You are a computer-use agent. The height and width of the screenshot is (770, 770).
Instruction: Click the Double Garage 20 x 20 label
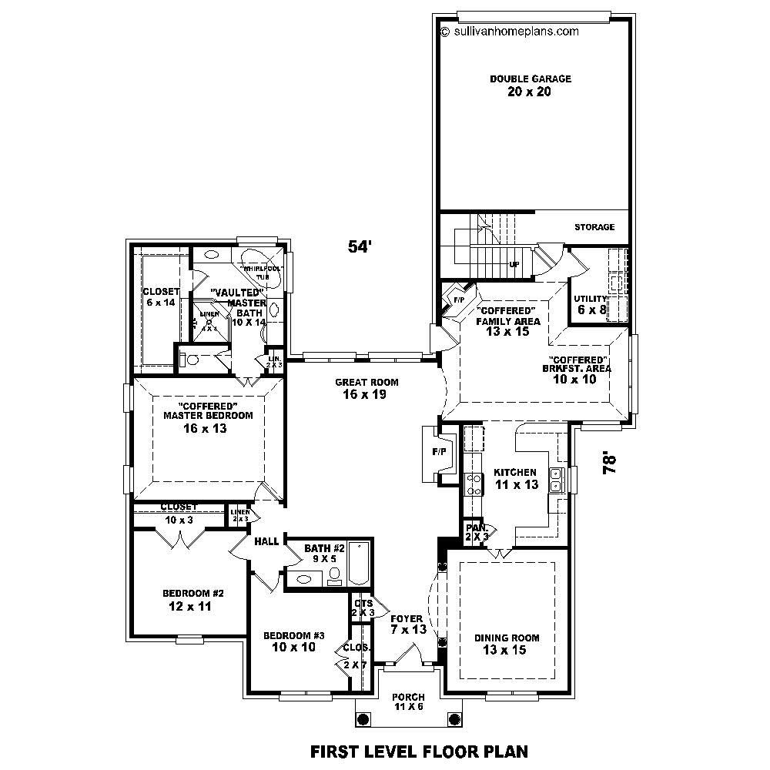pos(531,85)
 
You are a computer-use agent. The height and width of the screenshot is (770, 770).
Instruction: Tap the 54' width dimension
pos(360,246)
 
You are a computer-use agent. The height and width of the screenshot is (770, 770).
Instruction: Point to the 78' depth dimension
pos(611,464)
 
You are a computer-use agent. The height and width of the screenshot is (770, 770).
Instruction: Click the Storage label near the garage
pos(594,227)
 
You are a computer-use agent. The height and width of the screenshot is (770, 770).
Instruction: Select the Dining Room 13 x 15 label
pos(506,644)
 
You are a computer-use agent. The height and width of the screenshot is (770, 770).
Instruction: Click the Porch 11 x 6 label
pos(408,701)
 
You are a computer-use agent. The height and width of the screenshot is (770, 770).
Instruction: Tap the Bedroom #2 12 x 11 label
pos(192,600)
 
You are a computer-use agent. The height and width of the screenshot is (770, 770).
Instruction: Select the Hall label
pos(266,542)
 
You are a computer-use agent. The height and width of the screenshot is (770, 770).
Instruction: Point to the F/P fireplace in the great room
pos(440,453)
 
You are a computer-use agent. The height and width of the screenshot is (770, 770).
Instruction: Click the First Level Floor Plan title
pos(418,751)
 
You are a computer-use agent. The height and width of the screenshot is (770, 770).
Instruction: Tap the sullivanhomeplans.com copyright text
pos(509,32)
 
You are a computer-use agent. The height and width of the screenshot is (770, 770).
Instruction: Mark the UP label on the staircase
pos(513,264)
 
